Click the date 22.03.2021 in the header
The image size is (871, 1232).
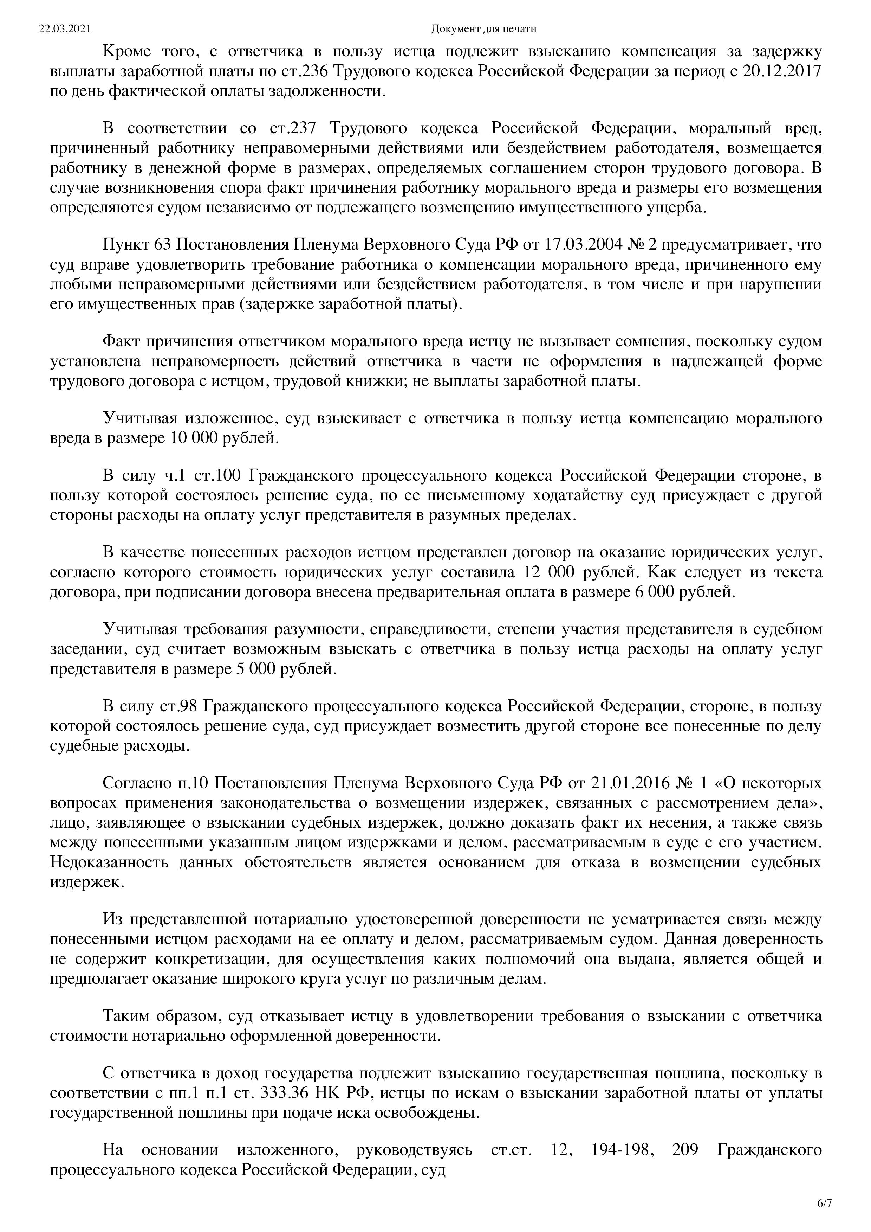click(x=64, y=29)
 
